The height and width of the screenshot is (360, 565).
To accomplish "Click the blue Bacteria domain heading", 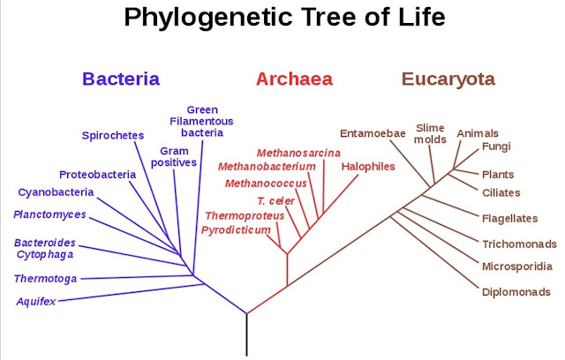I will [121, 79].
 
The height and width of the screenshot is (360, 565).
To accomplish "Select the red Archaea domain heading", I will [294, 79].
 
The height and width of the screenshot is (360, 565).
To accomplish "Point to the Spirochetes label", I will [112, 135].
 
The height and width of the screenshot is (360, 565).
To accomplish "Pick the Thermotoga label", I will [45, 279].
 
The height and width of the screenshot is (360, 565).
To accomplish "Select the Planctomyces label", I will [50, 214].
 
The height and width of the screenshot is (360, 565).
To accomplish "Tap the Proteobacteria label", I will [97, 174].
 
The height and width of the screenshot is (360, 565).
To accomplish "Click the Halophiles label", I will [367, 166].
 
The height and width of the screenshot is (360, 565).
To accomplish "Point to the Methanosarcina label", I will [298, 153].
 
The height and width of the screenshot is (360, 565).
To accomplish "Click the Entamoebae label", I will [373, 133].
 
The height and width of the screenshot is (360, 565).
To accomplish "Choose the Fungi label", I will [496, 146].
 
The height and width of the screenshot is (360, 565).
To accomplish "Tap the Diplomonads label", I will [516, 292].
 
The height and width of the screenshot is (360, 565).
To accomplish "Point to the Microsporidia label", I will [517, 266].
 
